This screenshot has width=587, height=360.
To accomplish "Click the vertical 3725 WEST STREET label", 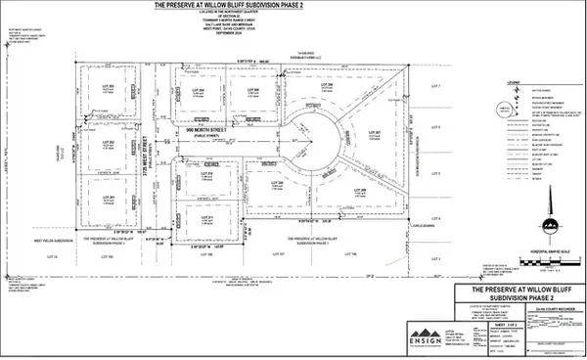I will point(158,157).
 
